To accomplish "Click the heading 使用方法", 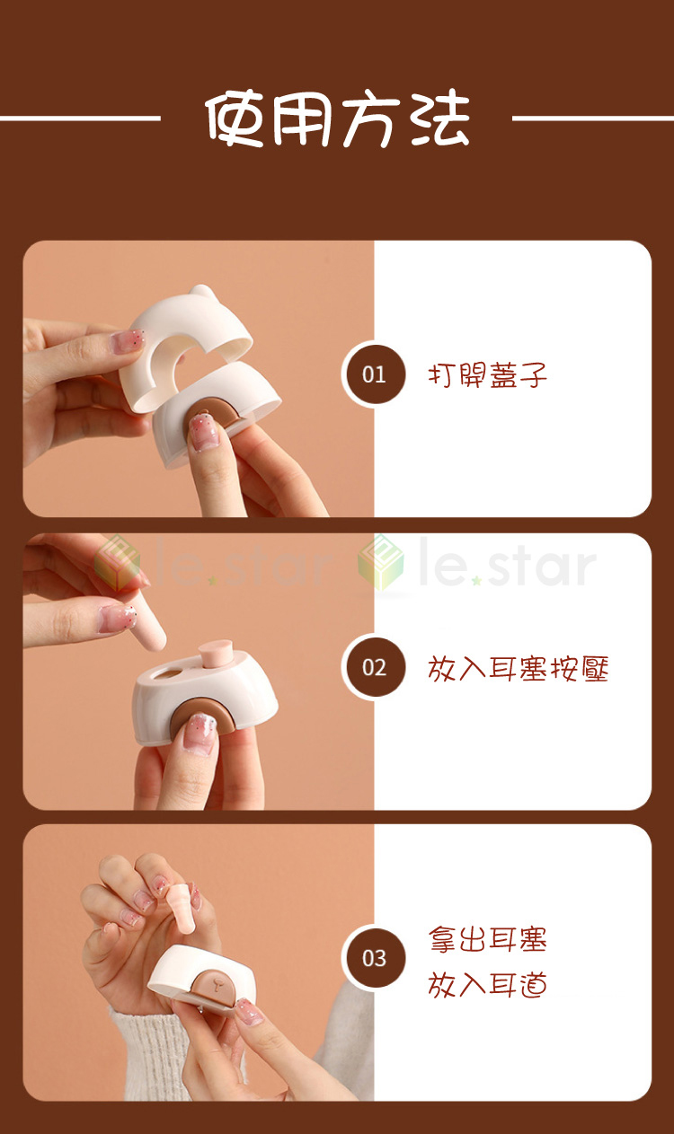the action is pos(338,119).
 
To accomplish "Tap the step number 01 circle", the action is pos(374,374).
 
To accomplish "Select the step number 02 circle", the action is pos(374,667).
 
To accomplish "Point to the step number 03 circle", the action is pos(374,958).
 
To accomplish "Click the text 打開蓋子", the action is pos(487,375).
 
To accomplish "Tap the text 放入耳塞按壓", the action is pos(518,668).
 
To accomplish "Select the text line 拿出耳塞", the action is pos(487,939).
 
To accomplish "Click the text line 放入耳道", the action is pos(487,985).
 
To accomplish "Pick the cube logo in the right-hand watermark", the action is pos(381,562).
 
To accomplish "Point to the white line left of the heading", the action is pos(80,119).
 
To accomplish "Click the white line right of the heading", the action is pos(593,119).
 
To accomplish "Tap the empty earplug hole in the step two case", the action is pos(173,673).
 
